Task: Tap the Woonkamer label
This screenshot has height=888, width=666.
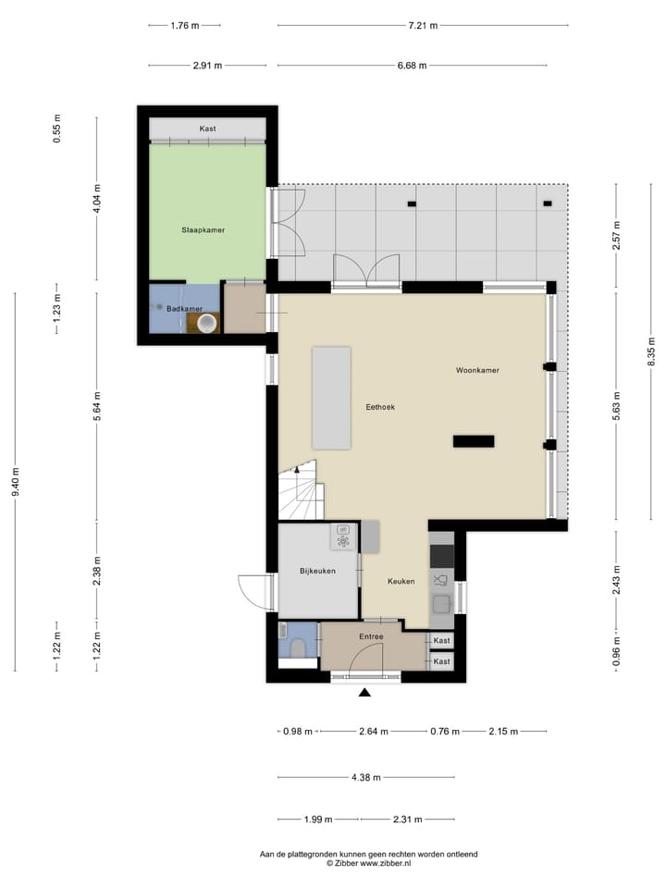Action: (x=477, y=370)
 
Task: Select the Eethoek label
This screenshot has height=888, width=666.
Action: (x=379, y=407)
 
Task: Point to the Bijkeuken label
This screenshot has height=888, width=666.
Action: (x=317, y=572)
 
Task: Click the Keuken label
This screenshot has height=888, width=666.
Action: (x=401, y=581)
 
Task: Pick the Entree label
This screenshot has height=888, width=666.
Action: (x=371, y=636)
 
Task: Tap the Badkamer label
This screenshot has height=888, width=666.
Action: (x=185, y=309)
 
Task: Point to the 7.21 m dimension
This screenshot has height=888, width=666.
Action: (x=423, y=26)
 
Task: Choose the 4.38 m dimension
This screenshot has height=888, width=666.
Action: (x=367, y=778)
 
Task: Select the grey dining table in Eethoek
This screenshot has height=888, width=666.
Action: (x=331, y=398)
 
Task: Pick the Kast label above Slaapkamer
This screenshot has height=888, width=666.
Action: (x=208, y=129)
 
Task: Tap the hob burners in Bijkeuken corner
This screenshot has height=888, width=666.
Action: (x=342, y=541)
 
